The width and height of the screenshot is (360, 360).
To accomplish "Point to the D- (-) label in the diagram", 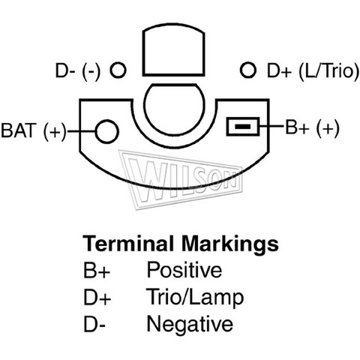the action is pyautogui.click(x=78, y=71).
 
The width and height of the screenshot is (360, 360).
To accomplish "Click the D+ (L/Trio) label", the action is pyautogui.click(x=313, y=71).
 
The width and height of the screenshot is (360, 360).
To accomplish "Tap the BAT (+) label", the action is pyautogui.click(x=34, y=130).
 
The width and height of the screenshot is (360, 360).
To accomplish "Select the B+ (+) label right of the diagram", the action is pyautogui.click(x=313, y=127).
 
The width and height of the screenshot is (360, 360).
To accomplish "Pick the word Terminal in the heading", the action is pyautogui.click(x=128, y=244).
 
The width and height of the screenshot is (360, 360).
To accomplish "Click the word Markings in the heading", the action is pyautogui.click(x=230, y=245).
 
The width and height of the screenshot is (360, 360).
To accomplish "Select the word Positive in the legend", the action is pyautogui.click(x=184, y=269).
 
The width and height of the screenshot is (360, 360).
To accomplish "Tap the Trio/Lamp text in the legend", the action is pyautogui.click(x=195, y=297).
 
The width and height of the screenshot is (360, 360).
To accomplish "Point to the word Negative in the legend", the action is pyautogui.click(x=190, y=324).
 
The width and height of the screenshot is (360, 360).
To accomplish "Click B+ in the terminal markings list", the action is pyautogui.click(x=97, y=270).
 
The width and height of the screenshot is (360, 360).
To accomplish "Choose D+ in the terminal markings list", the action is pyautogui.click(x=97, y=297).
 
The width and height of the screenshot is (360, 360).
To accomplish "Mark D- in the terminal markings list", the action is pyautogui.click(x=94, y=324).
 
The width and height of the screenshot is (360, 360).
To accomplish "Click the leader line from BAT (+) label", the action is pyautogui.click(x=81, y=131).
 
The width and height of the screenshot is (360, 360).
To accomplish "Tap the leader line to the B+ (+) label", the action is pyautogui.click(x=271, y=126).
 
